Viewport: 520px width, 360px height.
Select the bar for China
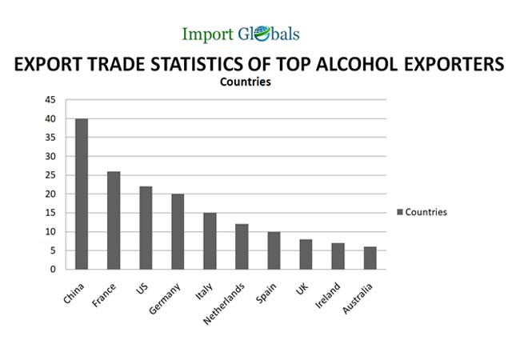82,194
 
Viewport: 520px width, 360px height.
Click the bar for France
114,220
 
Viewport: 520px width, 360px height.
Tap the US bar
146,228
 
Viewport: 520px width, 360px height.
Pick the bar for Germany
178,231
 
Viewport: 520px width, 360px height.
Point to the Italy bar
210,241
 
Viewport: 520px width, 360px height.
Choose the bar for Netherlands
242,246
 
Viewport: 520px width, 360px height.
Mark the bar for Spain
274,250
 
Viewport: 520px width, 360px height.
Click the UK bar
306,254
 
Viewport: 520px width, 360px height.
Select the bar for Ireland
338,256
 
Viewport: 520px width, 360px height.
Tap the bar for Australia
370,258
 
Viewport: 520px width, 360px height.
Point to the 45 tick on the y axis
50,100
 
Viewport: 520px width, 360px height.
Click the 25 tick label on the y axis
50,175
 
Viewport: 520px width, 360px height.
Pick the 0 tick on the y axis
53,270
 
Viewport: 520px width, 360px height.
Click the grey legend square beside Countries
400,212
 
